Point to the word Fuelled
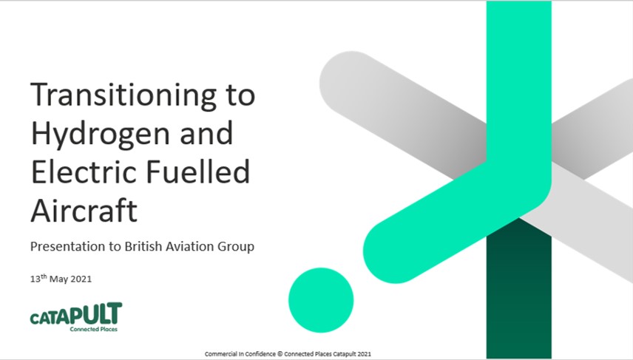click(x=197, y=171)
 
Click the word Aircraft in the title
click(x=84, y=210)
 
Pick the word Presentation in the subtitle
click(x=68, y=246)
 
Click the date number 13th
click(x=38, y=279)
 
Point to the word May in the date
click(x=59, y=279)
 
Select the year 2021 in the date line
click(x=81, y=279)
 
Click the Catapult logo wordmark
click(x=76, y=313)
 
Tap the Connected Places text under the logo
click(x=94, y=329)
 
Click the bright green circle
click(x=321, y=300)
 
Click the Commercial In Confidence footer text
click(x=240, y=354)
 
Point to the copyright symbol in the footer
click(x=280, y=354)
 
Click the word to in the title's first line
click(x=240, y=97)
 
